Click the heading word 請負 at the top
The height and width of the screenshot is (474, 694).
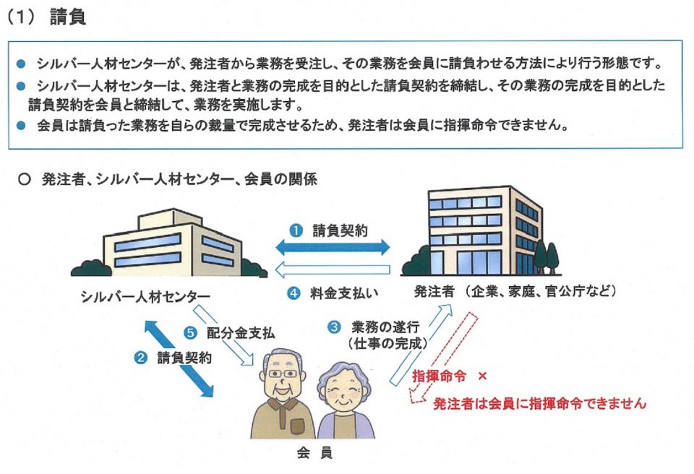(68, 18)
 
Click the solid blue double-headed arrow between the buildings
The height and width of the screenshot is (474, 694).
(333, 248)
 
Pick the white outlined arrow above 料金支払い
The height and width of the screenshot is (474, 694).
(333, 270)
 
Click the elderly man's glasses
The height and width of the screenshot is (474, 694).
(280, 374)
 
